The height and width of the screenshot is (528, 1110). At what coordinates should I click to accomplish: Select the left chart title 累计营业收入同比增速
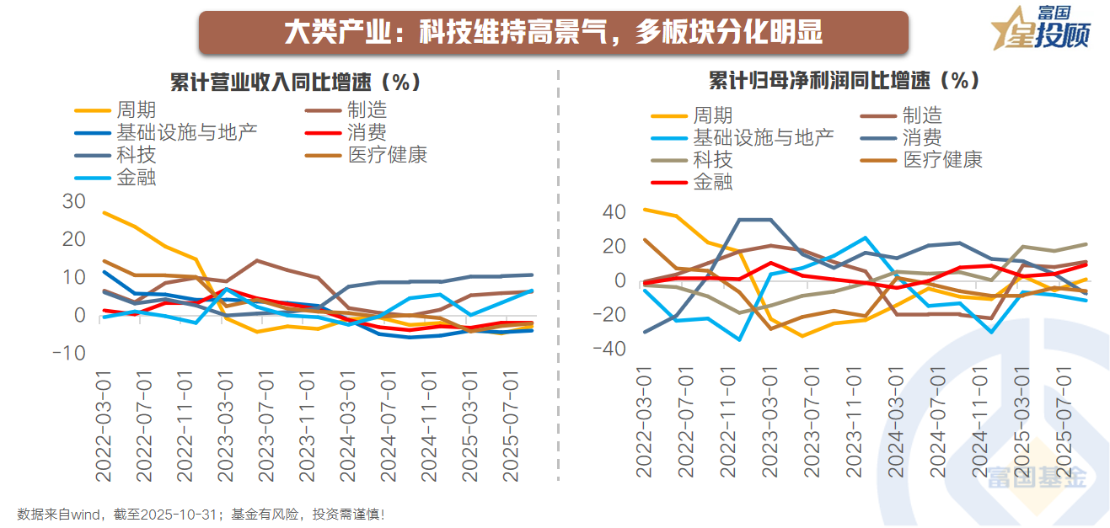[295, 83]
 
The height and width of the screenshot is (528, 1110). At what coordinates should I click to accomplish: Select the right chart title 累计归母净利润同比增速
[844, 81]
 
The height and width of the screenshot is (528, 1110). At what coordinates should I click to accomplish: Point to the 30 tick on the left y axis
[74, 201]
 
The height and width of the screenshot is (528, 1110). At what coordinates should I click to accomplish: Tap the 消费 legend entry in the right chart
[922, 138]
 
